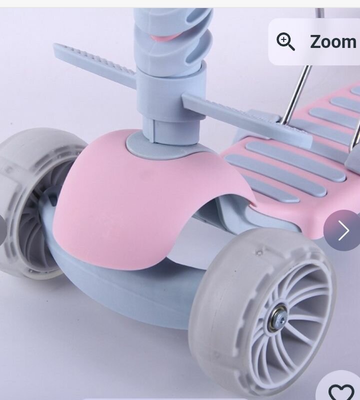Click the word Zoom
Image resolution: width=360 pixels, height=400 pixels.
(x=333, y=42)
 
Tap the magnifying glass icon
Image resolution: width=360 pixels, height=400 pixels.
(x=285, y=41)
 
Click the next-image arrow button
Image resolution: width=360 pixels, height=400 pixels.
(x=342, y=230)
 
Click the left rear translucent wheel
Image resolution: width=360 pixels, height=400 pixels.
(x=30, y=204)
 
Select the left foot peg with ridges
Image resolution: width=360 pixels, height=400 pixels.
(x=94, y=63)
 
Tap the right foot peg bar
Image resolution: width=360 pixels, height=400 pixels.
(x=246, y=120)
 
